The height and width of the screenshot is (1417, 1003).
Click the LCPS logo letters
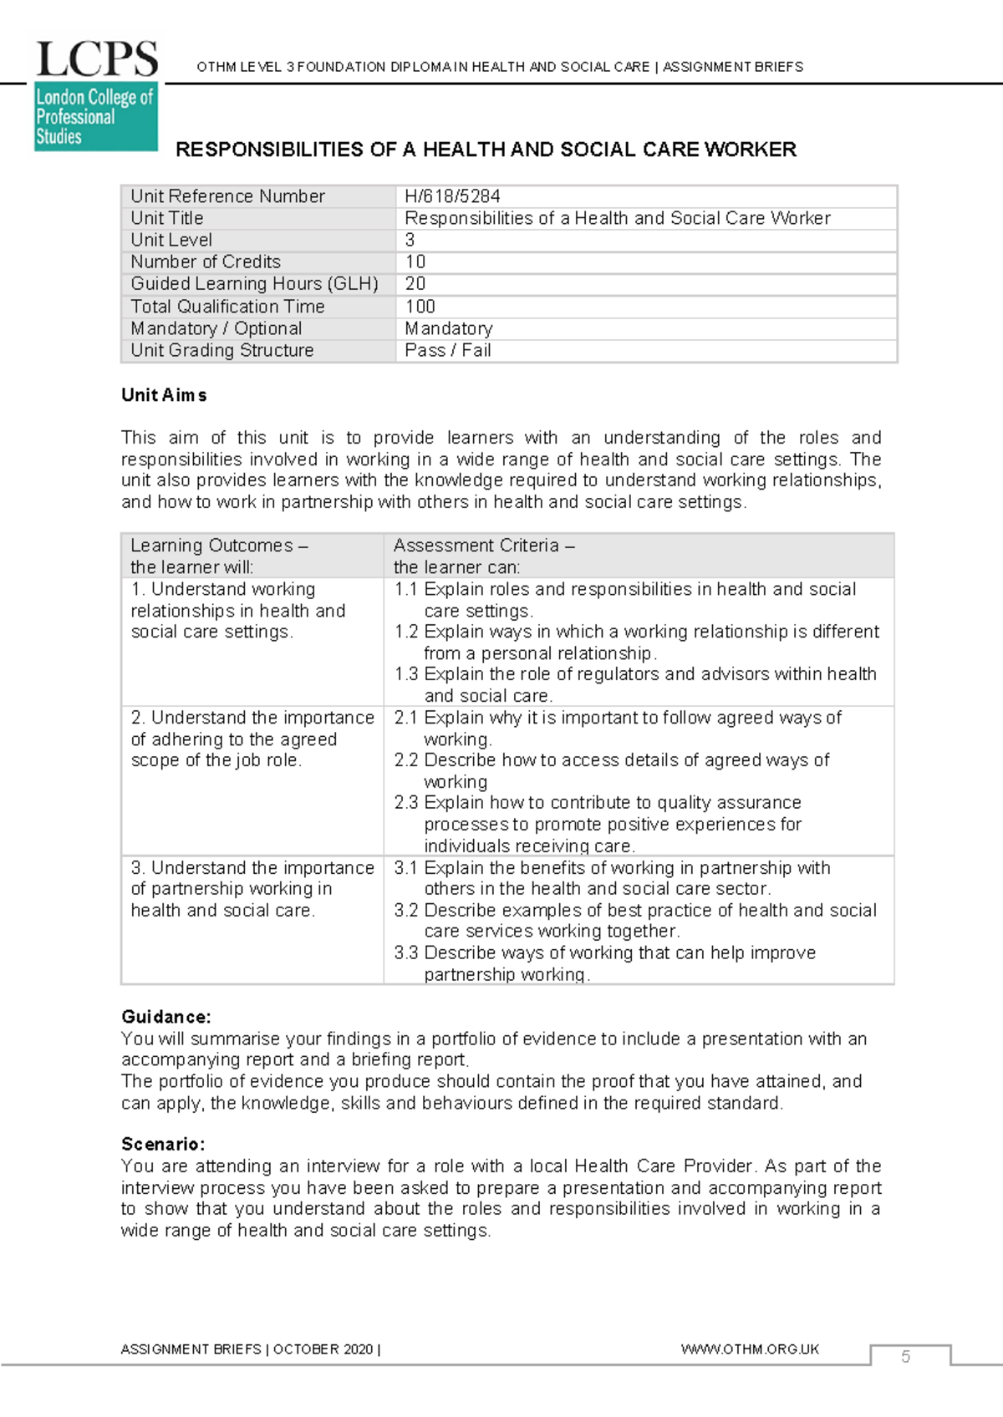(97, 60)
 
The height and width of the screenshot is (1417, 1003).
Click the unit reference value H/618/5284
(452, 196)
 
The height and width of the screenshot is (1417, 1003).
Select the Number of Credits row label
(206, 262)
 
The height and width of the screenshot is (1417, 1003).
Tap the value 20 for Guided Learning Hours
(415, 284)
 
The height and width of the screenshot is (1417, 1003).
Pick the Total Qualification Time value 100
(420, 307)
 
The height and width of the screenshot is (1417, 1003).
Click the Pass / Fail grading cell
(448, 351)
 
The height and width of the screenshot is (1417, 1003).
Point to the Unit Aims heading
(164, 395)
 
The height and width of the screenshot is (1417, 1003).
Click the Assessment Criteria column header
(483, 546)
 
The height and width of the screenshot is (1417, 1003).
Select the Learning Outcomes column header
(219, 546)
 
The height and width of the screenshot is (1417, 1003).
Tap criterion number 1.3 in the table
(405, 674)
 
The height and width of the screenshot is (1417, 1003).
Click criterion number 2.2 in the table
(405, 760)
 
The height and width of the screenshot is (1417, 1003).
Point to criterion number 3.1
(405, 868)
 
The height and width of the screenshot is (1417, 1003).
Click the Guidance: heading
(165, 1017)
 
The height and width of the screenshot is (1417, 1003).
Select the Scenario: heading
(163, 1144)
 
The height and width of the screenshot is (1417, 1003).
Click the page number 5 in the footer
(905, 1357)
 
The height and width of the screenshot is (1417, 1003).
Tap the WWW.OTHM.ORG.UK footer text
(750, 1349)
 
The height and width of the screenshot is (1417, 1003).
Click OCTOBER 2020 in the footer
(323, 1349)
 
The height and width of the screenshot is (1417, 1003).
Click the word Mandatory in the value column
(449, 329)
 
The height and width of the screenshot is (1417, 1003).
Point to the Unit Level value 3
(410, 241)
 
